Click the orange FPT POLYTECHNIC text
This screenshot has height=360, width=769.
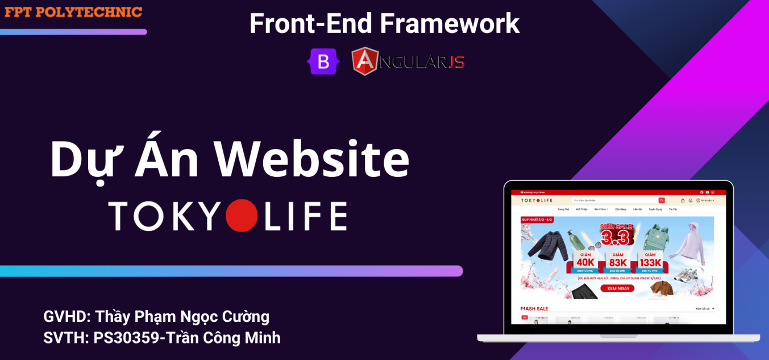point(73,11)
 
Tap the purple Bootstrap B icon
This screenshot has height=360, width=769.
point(323,61)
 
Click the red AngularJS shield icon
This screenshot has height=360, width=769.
point(365,61)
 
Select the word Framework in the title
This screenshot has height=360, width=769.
point(450,23)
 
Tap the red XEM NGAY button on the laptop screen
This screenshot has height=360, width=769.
point(617,288)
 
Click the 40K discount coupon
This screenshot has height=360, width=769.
point(585,262)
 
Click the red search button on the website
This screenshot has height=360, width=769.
point(662,200)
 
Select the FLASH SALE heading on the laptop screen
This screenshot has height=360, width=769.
point(534,309)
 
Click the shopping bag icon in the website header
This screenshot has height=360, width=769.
point(683,200)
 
